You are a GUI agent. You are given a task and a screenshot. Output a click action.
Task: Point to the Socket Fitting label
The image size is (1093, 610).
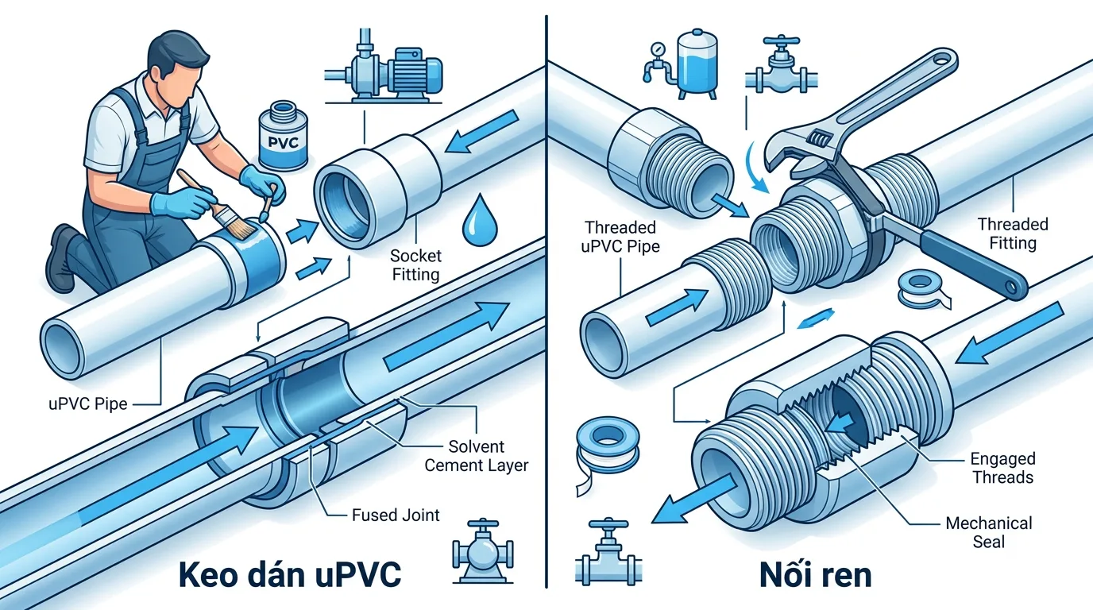(x=415, y=265)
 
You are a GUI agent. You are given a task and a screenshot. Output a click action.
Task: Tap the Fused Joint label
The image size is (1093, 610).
(x=396, y=515)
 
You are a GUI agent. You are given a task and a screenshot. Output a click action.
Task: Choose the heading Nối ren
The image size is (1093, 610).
(x=815, y=574)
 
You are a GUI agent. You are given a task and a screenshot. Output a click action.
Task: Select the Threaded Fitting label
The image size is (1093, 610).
(x=1012, y=234)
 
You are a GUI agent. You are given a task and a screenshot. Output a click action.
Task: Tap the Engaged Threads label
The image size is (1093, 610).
(x=1002, y=468)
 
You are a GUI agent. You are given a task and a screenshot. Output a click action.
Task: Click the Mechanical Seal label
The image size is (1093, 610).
(x=988, y=532)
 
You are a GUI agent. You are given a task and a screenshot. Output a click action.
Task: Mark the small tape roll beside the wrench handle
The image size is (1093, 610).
(x=925, y=288)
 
